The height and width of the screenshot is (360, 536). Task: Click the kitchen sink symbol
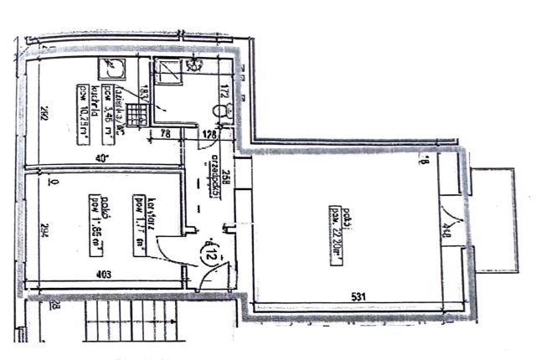pos(109,69)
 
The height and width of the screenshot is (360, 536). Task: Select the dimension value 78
pos(165,134)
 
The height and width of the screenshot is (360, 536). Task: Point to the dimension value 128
pos(209,134)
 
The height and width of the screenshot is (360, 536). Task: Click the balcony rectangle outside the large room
pos(491,219)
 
